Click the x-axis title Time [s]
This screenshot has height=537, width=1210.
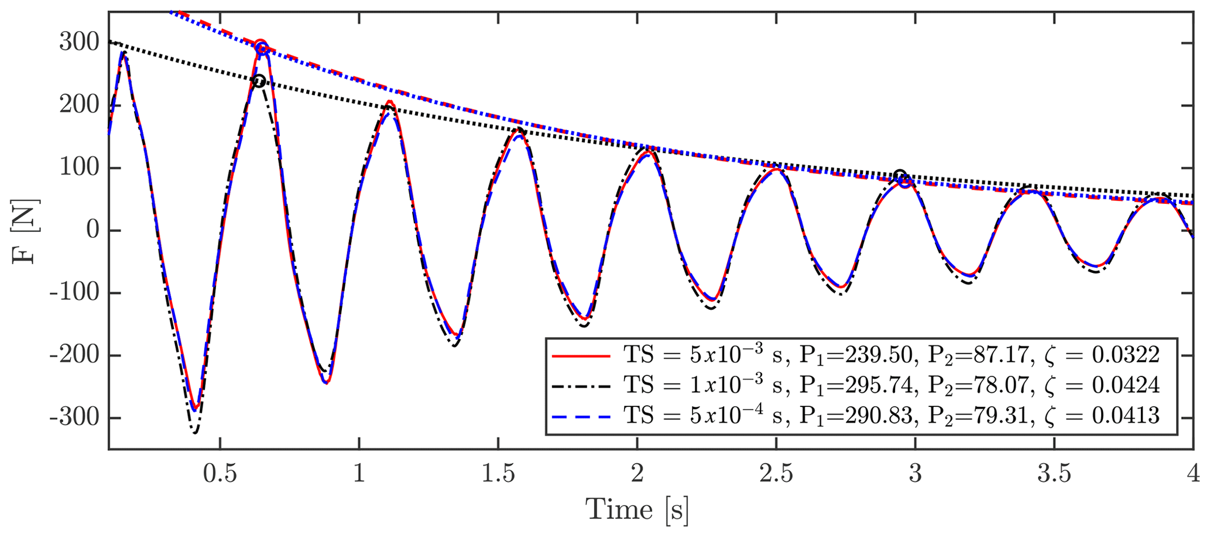(x=637, y=509)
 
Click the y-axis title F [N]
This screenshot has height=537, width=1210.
(x=25, y=231)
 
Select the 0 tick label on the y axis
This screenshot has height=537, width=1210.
(x=92, y=231)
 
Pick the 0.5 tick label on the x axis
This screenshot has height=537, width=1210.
(x=220, y=474)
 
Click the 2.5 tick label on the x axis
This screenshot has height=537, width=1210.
(x=776, y=474)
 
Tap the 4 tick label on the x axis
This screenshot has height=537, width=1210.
(x=1192, y=474)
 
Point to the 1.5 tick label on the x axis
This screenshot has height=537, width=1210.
(x=498, y=474)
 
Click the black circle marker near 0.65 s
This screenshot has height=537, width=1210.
(x=259, y=81)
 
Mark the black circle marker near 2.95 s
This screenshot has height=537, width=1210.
(x=900, y=175)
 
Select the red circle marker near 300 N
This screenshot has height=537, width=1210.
(x=261, y=47)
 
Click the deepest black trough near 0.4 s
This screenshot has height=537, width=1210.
(x=195, y=432)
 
